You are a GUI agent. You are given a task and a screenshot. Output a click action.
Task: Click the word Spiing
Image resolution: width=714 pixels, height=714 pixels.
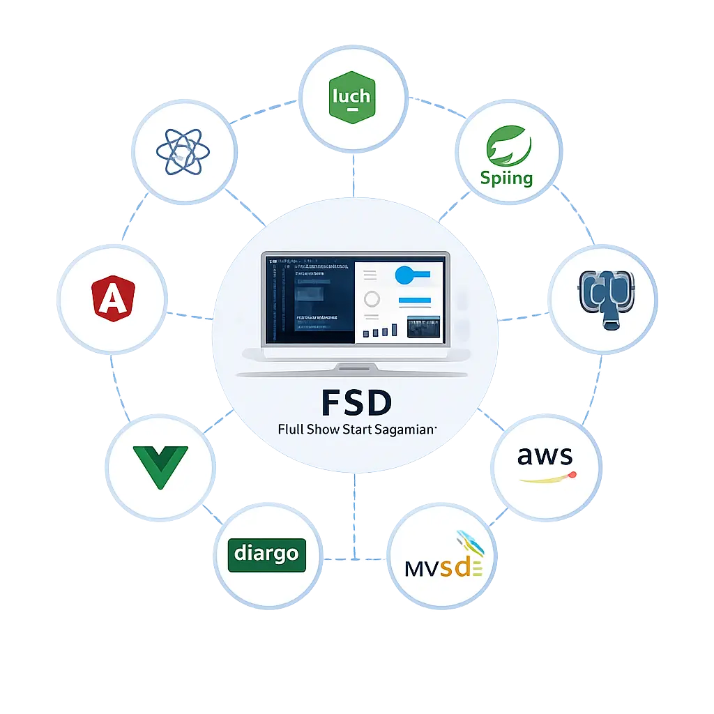(506, 178)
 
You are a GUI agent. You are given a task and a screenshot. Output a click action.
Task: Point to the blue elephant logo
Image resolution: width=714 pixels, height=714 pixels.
(603, 298)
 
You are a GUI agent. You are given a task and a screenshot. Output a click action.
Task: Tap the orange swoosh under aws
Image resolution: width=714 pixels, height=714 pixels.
(547, 478)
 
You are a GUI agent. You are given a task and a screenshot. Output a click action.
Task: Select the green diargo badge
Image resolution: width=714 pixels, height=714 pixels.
(267, 554)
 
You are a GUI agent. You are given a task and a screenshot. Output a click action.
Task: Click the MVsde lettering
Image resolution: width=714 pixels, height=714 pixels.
(443, 567)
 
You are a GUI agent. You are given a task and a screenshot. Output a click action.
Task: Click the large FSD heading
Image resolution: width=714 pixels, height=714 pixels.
(356, 403)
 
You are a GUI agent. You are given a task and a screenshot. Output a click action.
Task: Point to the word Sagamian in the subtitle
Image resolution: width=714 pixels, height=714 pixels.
(408, 430)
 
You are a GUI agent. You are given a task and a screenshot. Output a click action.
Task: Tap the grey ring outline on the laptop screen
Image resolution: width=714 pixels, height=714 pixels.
(372, 299)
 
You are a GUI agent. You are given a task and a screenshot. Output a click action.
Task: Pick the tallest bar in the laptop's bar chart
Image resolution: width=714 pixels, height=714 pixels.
(395, 330)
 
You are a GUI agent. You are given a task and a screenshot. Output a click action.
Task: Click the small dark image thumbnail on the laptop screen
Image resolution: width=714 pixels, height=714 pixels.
(424, 326)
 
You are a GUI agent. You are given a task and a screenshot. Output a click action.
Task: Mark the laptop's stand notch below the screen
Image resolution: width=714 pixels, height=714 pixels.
(356, 367)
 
